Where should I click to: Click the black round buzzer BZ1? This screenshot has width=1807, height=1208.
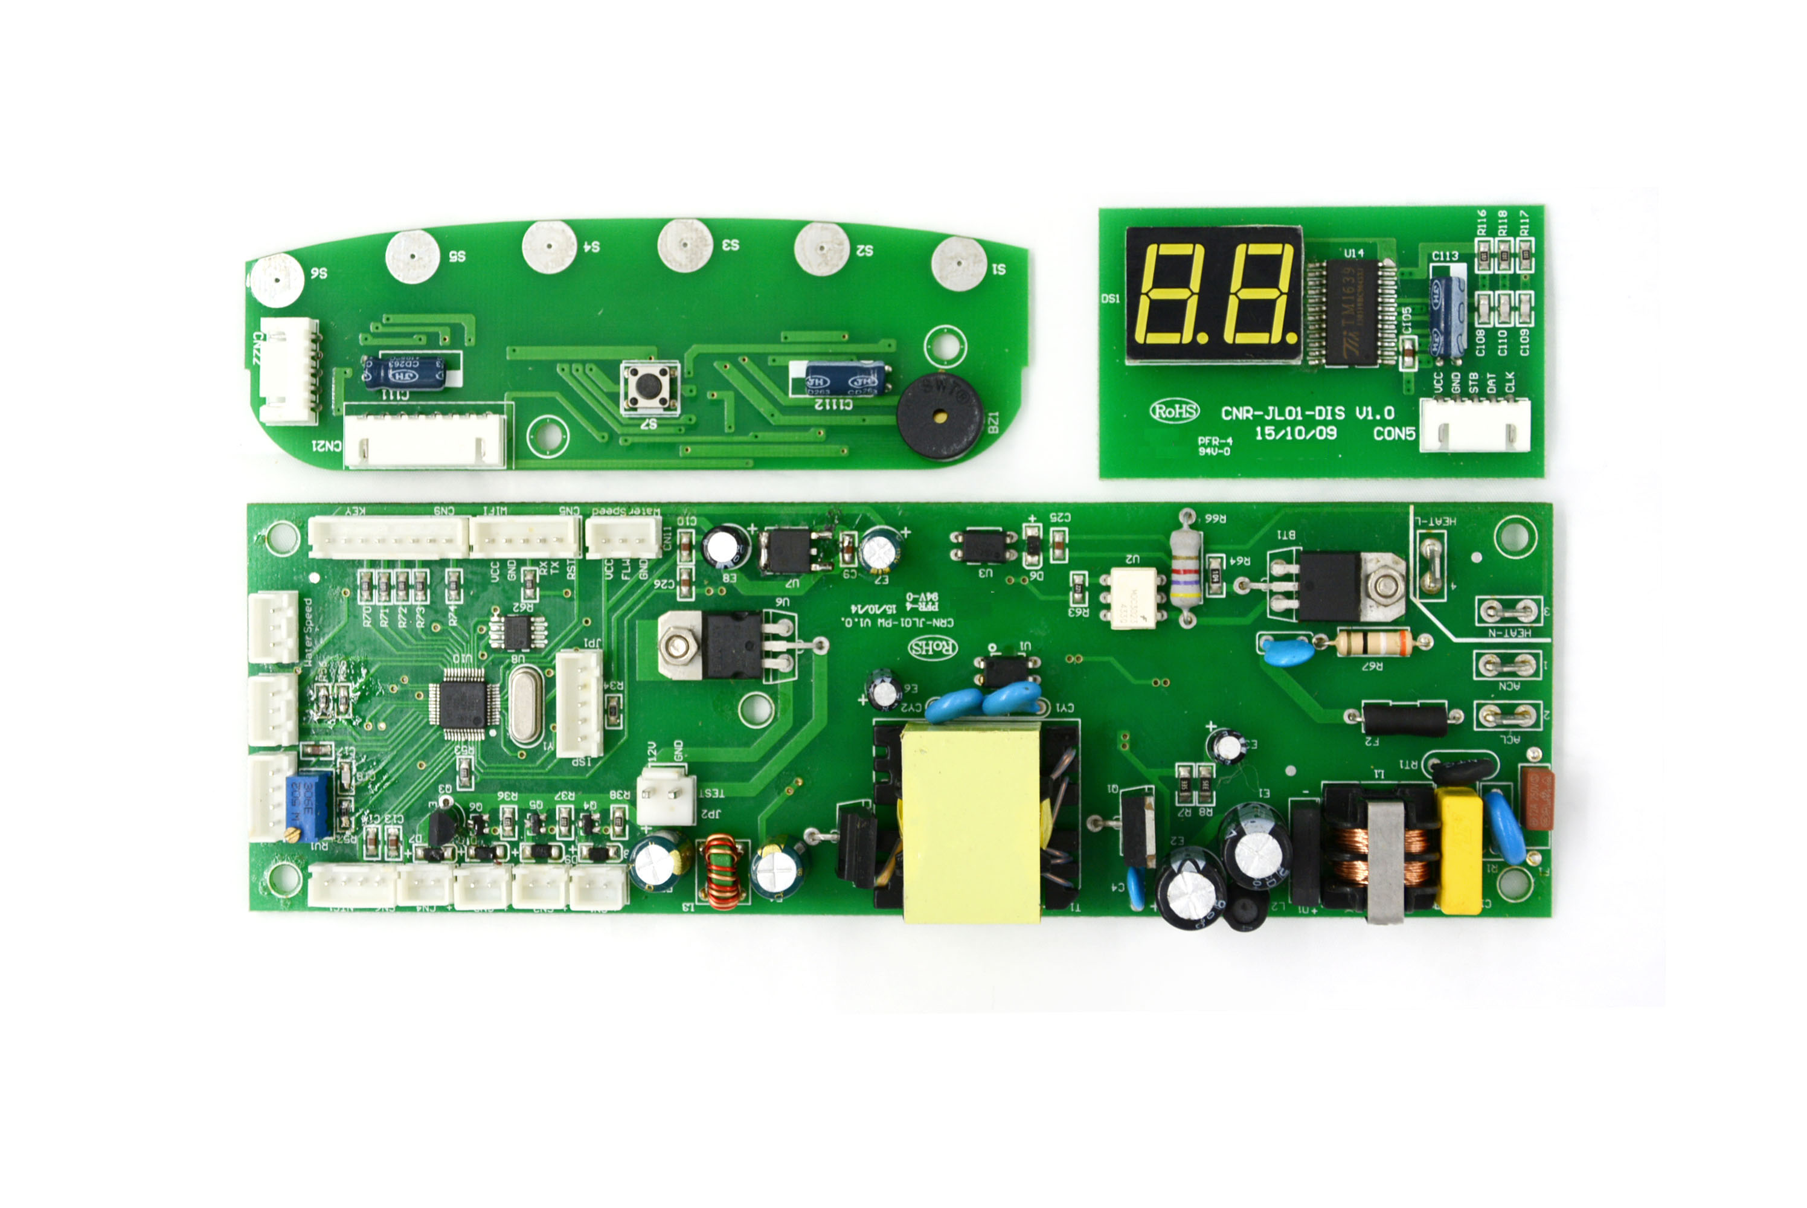(939, 416)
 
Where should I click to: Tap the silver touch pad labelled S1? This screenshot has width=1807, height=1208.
(958, 263)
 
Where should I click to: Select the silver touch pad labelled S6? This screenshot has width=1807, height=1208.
(277, 279)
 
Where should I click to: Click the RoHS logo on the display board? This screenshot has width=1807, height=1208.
(1175, 411)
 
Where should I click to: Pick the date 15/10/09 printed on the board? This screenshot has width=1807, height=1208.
(1295, 434)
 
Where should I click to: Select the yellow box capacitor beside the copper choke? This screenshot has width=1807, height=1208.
(1458, 850)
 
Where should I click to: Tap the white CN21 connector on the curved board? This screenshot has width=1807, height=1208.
(425, 440)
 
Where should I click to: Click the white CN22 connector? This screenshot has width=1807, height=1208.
(288, 371)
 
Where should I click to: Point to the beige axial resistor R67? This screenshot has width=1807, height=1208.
(1373, 643)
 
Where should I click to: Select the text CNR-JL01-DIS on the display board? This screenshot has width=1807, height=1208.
(1282, 413)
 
